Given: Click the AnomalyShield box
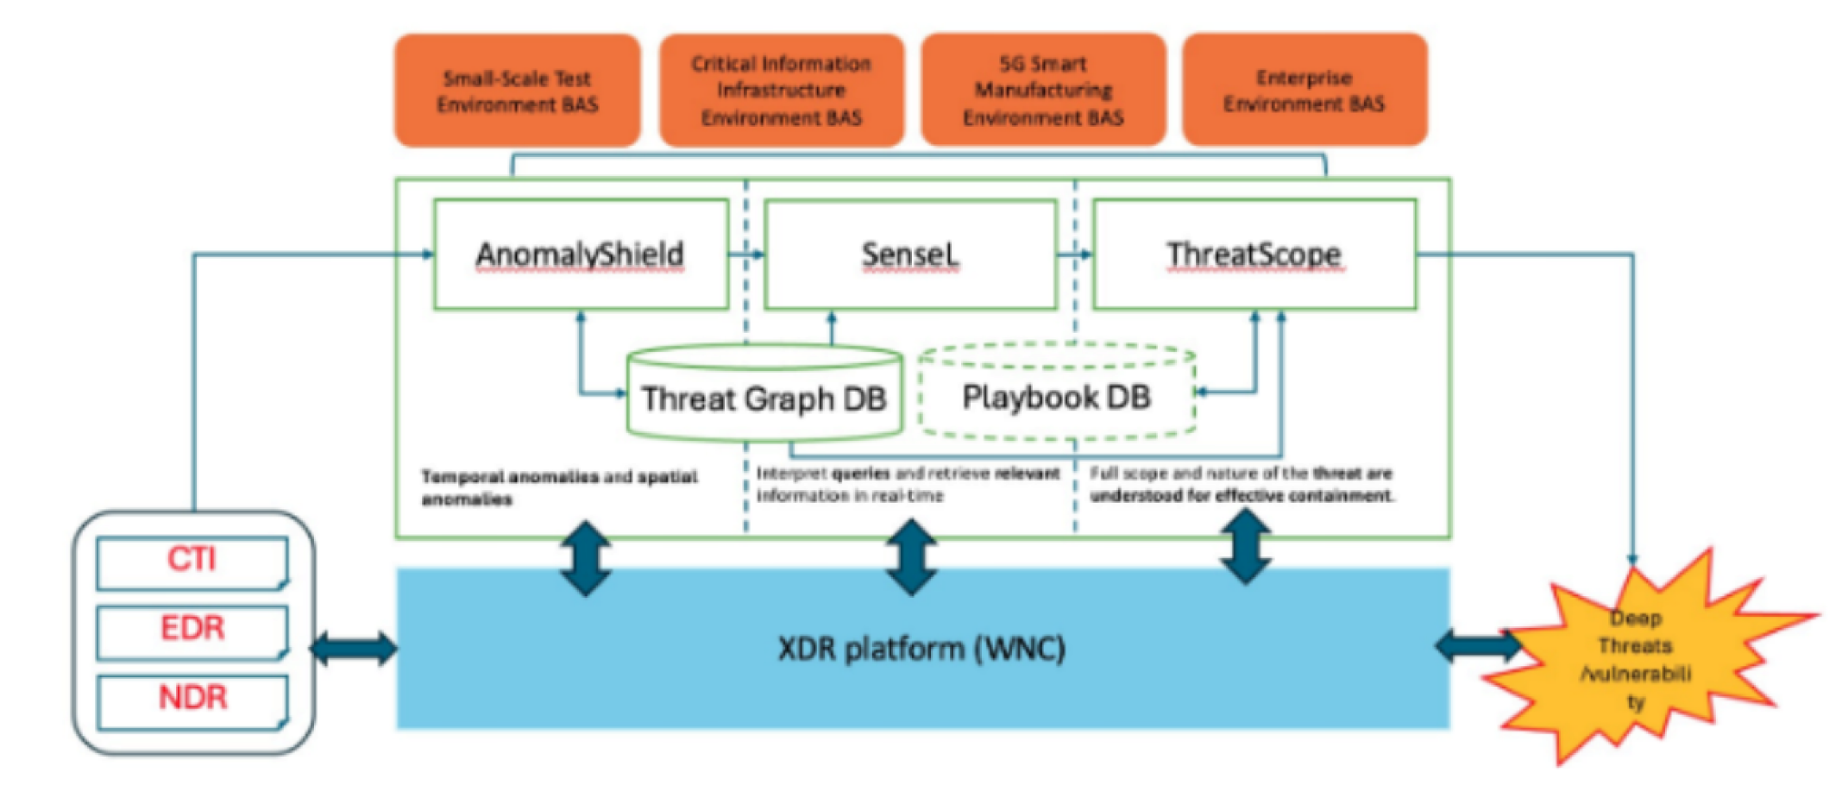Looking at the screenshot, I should click(x=581, y=254).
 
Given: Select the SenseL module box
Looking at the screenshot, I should click(x=910, y=254).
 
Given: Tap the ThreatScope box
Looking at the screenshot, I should click(x=1254, y=254).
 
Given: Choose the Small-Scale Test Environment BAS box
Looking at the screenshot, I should click(x=517, y=91).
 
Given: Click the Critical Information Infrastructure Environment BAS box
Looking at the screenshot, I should click(x=781, y=91).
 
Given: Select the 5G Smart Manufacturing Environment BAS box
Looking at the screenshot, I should click(x=1043, y=91).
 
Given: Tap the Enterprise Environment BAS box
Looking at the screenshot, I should click(x=1304, y=91).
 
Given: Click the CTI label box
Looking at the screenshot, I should click(x=192, y=562).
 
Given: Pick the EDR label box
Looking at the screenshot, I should click(x=192, y=631).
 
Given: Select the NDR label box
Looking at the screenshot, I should click(x=192, y=700).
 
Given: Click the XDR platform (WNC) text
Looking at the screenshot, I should click(x=921, y=649).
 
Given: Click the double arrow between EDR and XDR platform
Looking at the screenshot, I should click(x=354, y=648).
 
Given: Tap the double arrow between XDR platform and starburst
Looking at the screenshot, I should click(x=1478, y=645).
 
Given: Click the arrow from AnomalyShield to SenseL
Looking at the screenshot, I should click(x=746, y=254).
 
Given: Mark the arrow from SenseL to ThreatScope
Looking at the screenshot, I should click(x=1075, y=254).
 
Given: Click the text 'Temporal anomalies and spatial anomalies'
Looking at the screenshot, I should click(x=558, y=487).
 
